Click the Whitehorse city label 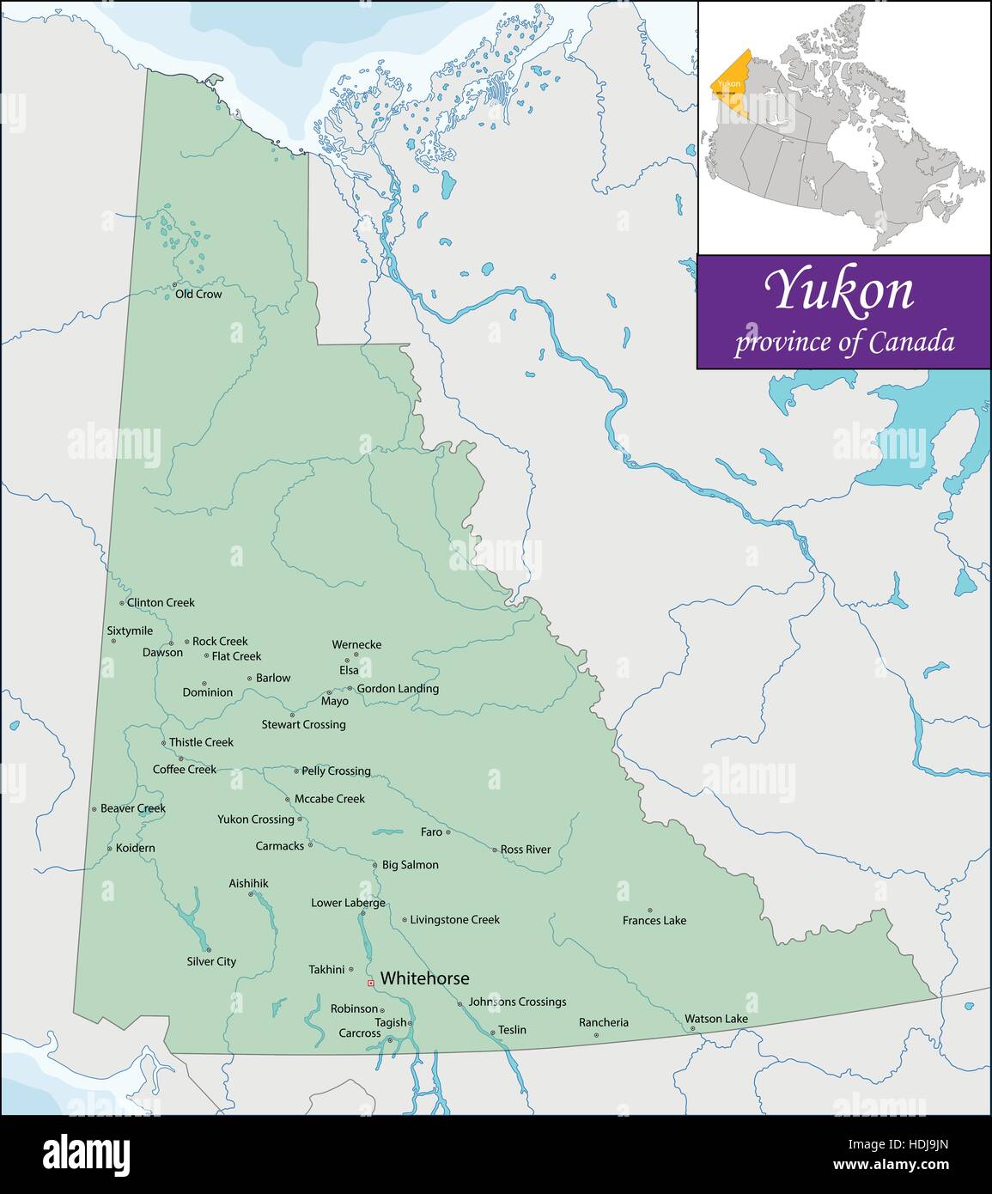coord(424,978)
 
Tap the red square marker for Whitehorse coord(370,983)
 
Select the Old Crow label coord(198,294)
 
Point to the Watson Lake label coord(716,1019)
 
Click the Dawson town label coord(162,652)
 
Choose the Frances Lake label coord(654,920)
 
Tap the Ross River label coord(526,850)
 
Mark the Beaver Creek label coord(132,808)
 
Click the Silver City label coord(211,961)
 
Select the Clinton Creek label coord(161,603)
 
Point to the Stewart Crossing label coord(303,724)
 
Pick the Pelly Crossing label coord(336,771)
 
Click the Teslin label coord(512,1030)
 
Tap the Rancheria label coord(603,1022)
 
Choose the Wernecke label coord(356,644)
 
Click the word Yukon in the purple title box coord(841,290)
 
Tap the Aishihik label coord(248,883)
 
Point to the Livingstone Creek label coord(454,919)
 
